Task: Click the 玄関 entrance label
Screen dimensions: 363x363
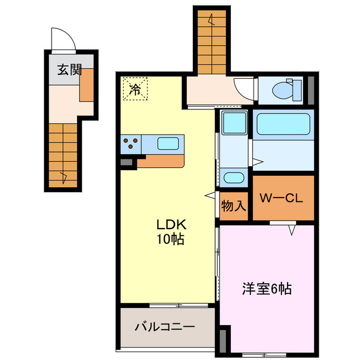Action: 69,70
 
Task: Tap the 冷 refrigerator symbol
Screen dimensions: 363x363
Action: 134,88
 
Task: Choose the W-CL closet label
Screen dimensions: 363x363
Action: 282,199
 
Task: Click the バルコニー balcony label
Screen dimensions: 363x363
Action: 164,327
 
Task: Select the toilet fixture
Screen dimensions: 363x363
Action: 283,90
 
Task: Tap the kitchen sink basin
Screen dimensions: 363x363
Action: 167,143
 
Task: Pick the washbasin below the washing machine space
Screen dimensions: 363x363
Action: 233,178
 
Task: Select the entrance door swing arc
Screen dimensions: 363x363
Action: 62,40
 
